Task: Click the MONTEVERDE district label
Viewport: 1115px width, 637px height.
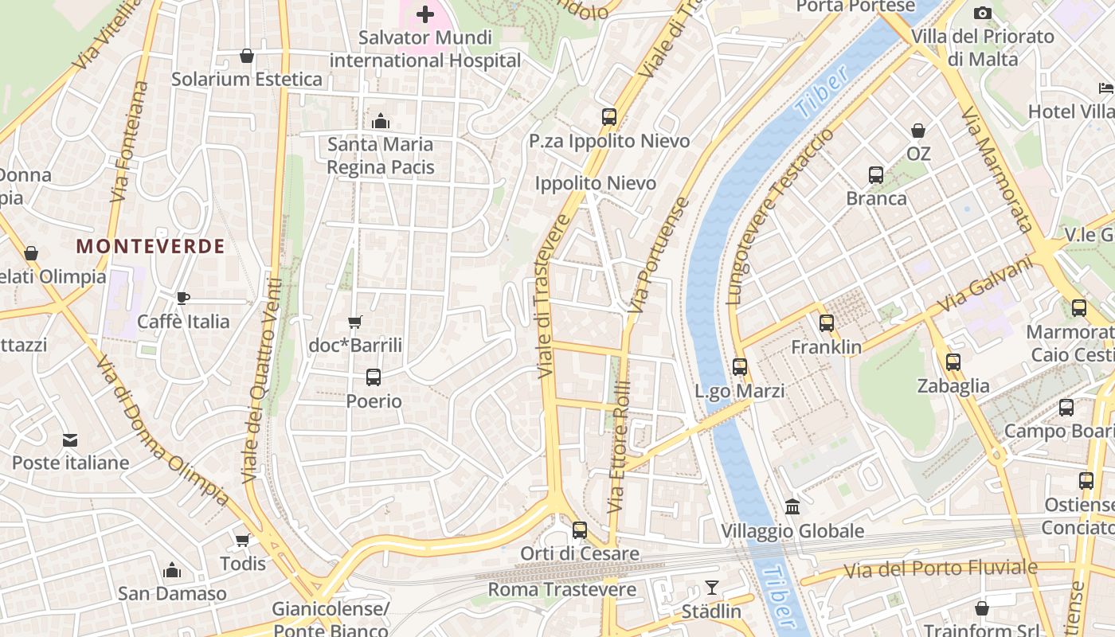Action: coord(151,247)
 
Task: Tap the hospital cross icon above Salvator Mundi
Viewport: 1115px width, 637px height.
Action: coord(425,14)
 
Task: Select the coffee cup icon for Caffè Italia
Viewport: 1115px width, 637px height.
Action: coord(183,298)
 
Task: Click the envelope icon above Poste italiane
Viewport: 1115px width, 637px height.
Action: coord(70,440)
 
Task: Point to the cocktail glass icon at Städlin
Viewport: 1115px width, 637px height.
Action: coord(712,588)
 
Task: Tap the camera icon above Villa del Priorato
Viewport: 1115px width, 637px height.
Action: coord(983,13)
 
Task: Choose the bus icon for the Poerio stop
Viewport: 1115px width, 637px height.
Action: coord(373,377)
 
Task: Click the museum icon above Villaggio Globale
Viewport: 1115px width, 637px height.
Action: coord(792,506)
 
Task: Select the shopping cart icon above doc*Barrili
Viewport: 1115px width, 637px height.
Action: coord(355,322)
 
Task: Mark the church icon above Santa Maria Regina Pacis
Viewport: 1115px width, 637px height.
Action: coord(381,121)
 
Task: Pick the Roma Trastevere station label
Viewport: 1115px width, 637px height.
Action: coord(561,590)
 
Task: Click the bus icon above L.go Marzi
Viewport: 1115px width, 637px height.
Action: coord(740,367)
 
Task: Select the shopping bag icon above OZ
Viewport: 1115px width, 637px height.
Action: coord(918,130)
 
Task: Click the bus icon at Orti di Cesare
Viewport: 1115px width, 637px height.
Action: coord(580,530)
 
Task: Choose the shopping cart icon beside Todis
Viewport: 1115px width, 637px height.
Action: coord(243,540)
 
